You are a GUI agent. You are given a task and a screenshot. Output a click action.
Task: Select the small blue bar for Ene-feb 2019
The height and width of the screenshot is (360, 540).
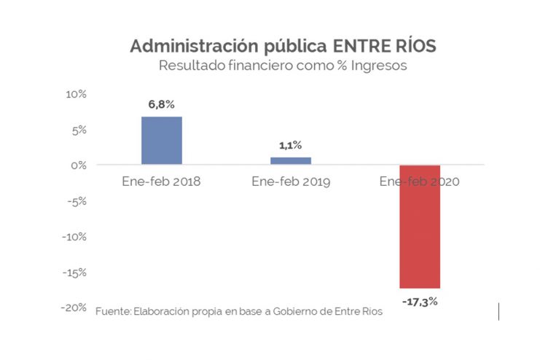tap(290, 161)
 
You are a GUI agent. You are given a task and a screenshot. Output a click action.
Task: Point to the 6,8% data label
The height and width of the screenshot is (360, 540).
tap(161, 105)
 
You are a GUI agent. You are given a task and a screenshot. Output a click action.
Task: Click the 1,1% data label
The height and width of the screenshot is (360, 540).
tap(290, 146)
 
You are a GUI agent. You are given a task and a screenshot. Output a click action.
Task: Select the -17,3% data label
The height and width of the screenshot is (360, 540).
tap(419, 301)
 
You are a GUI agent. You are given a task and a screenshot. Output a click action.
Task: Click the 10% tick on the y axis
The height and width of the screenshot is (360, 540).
tap(77, 95)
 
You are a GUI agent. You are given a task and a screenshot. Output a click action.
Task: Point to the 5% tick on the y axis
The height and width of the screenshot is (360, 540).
tap(79, 130)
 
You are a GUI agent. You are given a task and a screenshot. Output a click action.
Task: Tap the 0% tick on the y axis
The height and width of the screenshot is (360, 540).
tap(79, 165)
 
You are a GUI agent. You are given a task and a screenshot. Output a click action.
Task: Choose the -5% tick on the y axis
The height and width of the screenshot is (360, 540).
tap(77, 201)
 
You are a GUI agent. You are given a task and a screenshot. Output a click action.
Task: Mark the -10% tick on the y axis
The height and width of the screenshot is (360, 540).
tap(75, 237)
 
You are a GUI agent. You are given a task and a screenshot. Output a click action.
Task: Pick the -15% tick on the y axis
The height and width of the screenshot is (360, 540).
tap(75, 273)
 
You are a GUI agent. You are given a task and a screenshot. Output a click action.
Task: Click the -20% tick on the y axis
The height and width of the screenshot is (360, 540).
tap(75, 308)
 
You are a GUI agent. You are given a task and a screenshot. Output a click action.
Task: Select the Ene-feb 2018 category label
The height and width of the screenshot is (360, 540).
tap(161, 181)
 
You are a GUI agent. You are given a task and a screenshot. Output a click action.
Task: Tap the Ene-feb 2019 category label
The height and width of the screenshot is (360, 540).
tap(290, 181)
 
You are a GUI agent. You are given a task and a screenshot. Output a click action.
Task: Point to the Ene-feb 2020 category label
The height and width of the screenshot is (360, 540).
tap(419, 181)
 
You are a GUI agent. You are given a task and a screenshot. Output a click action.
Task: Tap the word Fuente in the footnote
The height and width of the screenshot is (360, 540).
tap(111, 312)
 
